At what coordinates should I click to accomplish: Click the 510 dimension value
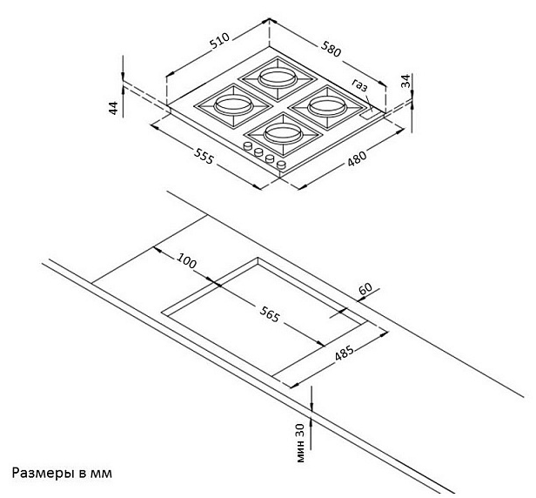pos(219,41)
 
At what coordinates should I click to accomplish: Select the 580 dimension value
pos(331,49)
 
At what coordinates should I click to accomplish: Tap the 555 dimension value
pos(204,156)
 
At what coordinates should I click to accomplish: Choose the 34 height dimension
pos(405,81)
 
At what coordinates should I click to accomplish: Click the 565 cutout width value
pos(270,314)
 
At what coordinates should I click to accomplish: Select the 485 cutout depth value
pos(345,351)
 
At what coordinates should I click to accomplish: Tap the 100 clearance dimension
pos(186,261)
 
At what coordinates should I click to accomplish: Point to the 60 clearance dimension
pos(365,289)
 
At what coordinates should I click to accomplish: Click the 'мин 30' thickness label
pos(300,443)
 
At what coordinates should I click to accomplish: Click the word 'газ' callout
pos(359,85)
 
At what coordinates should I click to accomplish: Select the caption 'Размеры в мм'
pos(62,474)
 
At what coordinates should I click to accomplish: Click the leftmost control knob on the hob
pos(247,146)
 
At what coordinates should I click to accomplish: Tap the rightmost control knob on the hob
pos(281,165)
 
